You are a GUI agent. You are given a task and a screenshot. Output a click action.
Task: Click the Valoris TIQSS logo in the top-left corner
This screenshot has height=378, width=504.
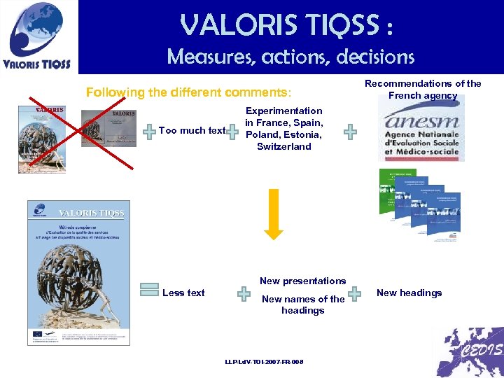coord(39,36)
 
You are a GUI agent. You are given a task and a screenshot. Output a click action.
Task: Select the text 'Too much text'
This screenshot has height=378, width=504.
coord(192,130)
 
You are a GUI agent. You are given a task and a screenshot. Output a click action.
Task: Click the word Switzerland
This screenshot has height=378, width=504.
coord(283,146)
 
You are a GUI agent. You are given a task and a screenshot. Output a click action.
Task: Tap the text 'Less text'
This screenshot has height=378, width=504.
coord(183,293)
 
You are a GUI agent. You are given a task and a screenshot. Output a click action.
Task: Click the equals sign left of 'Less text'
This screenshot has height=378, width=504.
coord(148,293)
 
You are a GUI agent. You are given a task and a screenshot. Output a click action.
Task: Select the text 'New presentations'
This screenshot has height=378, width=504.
coord(302,281)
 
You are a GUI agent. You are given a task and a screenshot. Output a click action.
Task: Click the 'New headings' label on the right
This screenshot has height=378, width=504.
coord(409,293)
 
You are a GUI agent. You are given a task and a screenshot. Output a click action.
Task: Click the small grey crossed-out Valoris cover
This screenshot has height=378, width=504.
coord(108,128)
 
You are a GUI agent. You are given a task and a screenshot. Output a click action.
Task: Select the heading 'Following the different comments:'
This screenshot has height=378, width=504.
coord(188,92)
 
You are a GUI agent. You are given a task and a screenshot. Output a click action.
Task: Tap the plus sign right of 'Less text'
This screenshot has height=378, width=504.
coord(244,293)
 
